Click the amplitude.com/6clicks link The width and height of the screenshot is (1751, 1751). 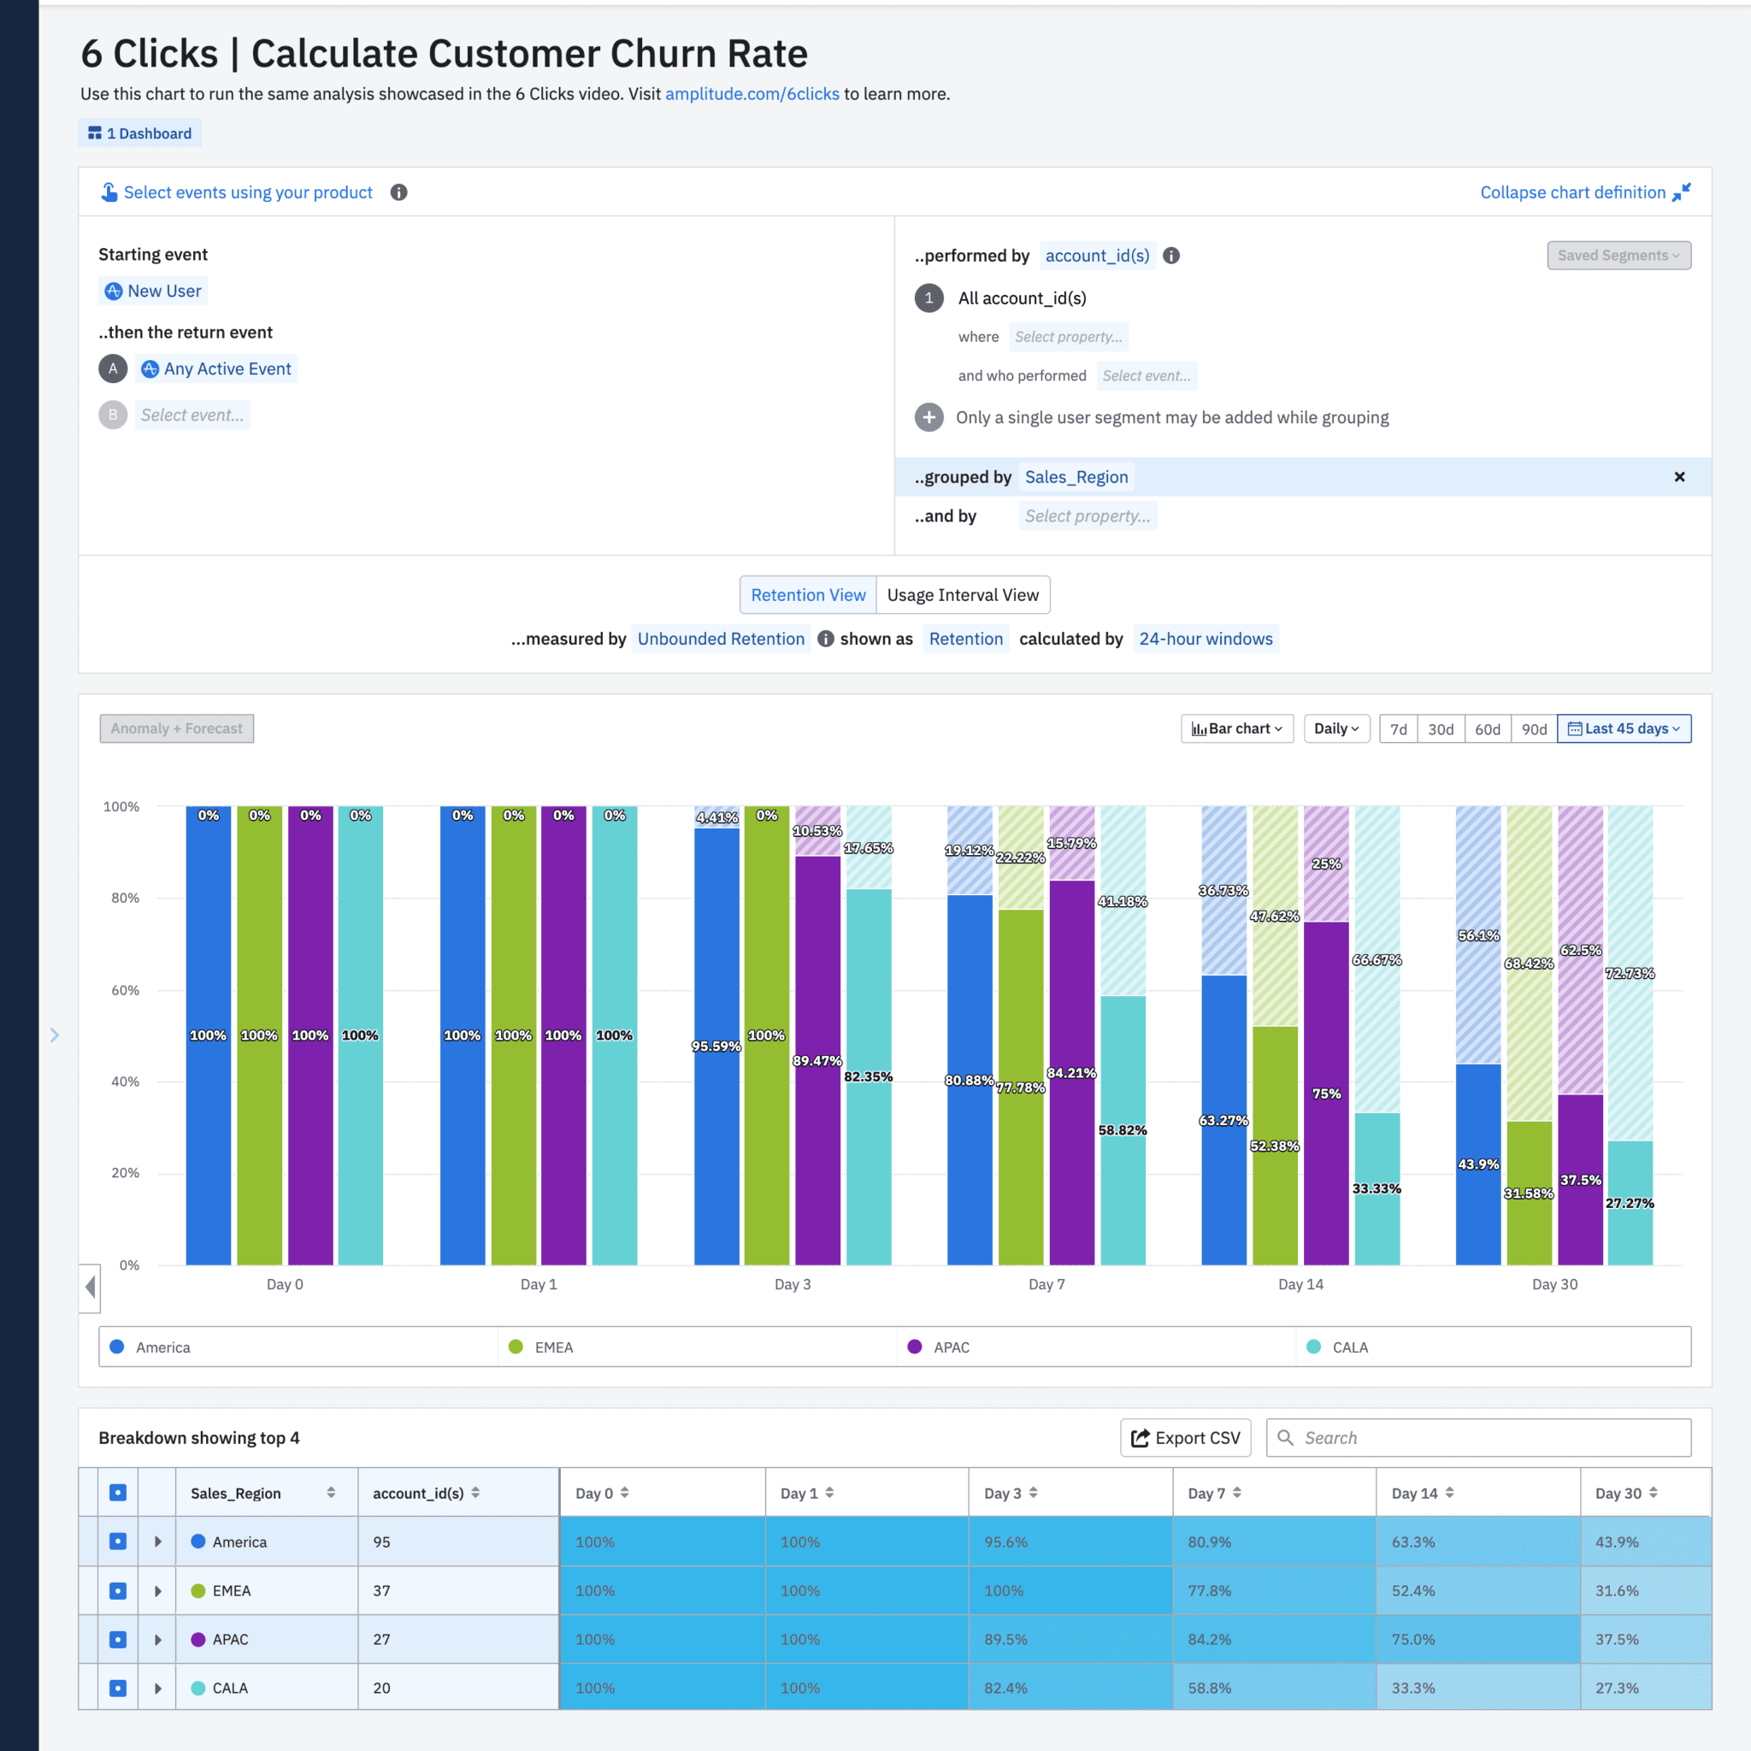752,94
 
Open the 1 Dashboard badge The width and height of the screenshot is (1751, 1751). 139,133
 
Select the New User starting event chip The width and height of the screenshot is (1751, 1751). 153,291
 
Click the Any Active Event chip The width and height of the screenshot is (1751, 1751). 216,368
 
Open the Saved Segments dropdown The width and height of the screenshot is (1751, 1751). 1618,256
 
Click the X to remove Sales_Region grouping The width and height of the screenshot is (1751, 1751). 1678,477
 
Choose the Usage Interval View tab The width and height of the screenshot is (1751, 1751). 963,595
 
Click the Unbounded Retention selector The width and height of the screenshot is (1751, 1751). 721,639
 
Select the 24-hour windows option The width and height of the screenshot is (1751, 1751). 1205,639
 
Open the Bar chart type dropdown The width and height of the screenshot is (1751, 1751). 1236,728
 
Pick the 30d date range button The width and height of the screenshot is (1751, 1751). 1440,728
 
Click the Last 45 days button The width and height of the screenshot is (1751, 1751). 1624,728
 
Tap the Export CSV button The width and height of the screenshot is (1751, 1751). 1186,1438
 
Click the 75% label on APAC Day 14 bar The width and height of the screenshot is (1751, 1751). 1326,1094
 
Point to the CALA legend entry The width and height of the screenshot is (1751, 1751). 1348,1347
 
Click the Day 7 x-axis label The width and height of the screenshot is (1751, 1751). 1046,1284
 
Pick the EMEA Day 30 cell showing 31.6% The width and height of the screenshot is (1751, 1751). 1617,1590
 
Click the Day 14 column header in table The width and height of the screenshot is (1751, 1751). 1414,1494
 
